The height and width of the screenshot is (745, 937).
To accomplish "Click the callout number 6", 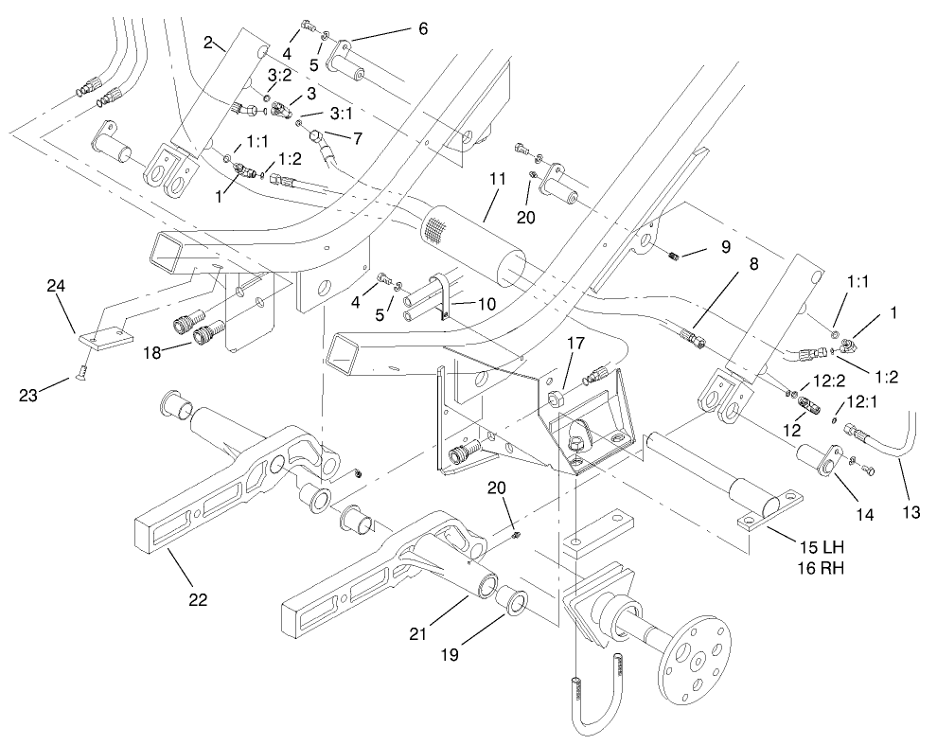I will [x=418, y=28].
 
